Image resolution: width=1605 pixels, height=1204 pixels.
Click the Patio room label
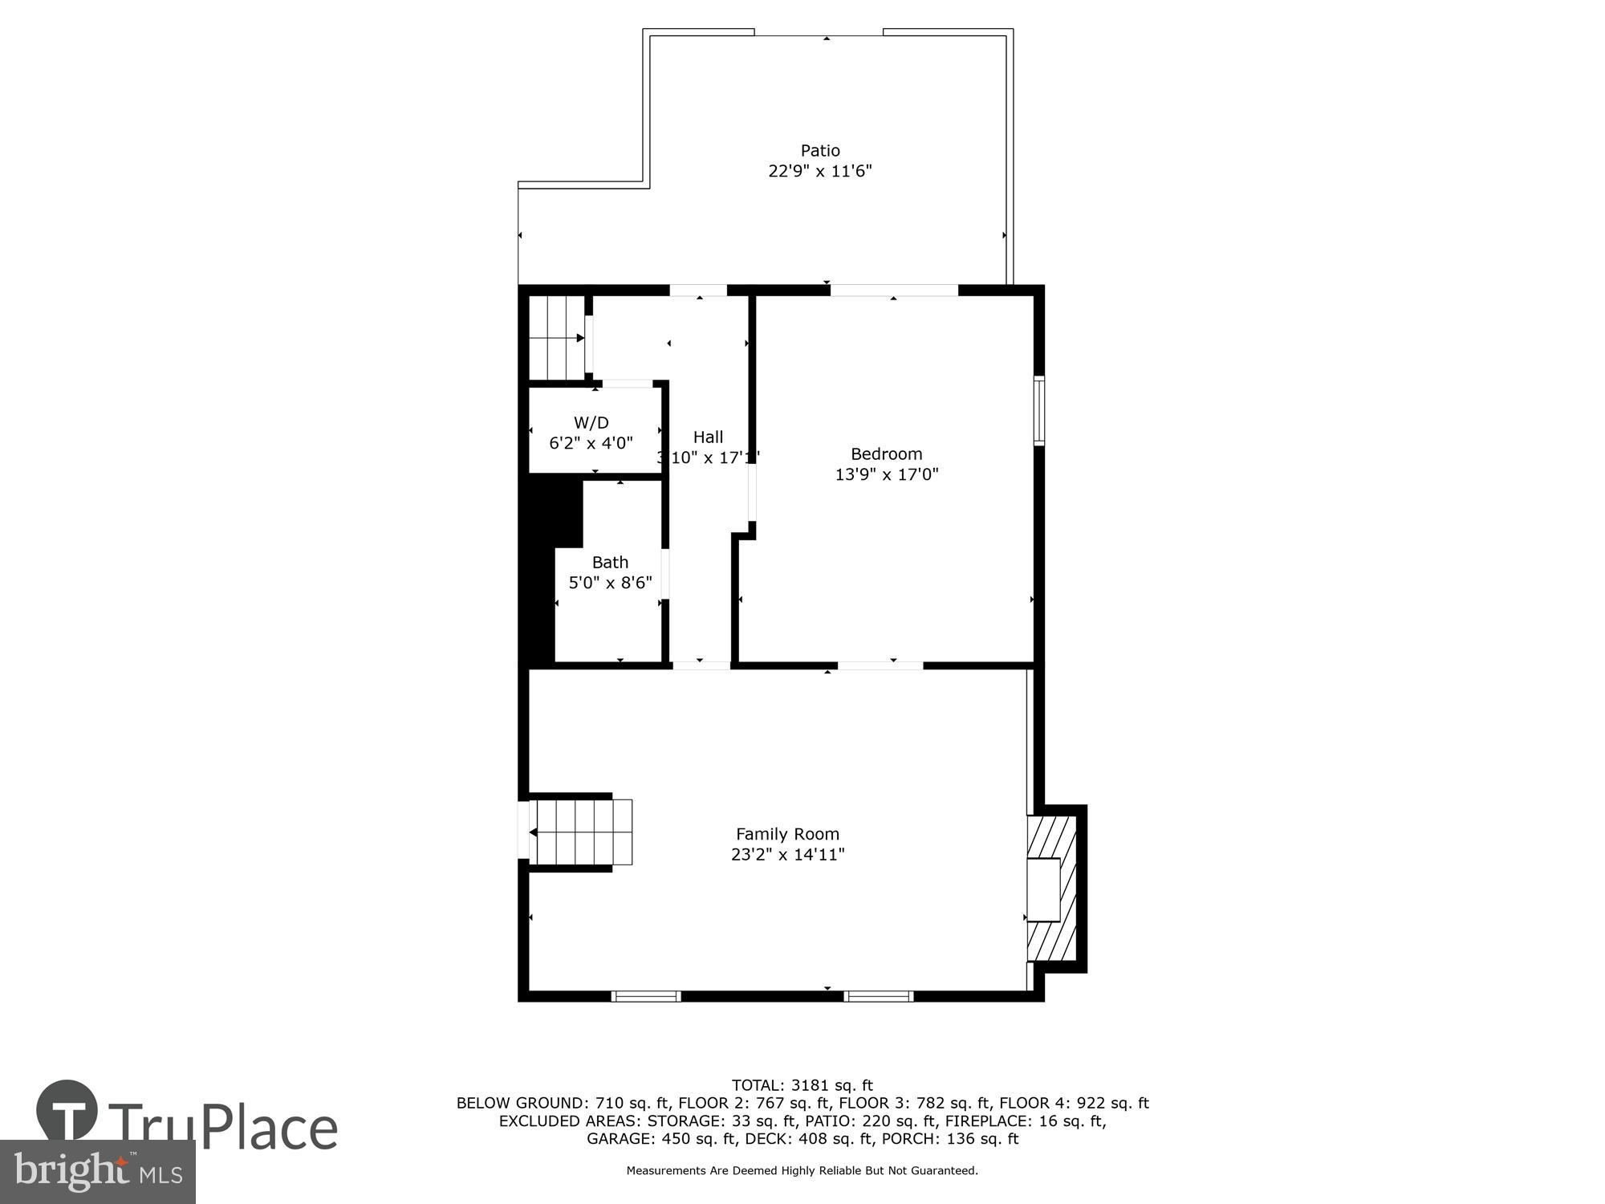pyautogui.click(x=819, y=150)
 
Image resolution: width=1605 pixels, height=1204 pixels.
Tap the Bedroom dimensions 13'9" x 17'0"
pyautogui.click(x=886, y=474)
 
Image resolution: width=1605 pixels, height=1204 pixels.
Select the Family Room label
pyautogui.click(x=787, y=834)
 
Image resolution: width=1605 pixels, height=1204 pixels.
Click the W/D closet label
pyautogui.click(x=591, y=422)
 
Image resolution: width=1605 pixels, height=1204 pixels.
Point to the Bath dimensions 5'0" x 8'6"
pyautogui.click(x=610, y=583)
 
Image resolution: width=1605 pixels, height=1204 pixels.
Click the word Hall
pyautogui.click(x=708, y=437)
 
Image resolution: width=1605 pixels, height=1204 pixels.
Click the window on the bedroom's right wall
pyautogui.click(x=1039, y=410)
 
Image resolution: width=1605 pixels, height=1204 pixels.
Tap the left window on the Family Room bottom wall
pyautogui.click(x=646, y=996)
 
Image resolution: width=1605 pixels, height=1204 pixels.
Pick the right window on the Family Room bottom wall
pyautogui.click(x=879, y=996)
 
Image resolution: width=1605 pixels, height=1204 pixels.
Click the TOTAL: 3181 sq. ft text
pyautogui.click(x=802, y=1086)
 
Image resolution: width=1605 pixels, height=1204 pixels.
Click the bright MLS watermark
pyautogui.click(x=97, y=1172)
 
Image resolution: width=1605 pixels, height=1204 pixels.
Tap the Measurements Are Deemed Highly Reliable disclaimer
pyautogui.click(x=802, y=1171)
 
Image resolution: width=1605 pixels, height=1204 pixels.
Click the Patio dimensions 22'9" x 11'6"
pyautogui.click(x=819, y=171)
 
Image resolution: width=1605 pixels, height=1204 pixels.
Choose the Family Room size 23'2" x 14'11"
pyautogui.click(x=787, y=855)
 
